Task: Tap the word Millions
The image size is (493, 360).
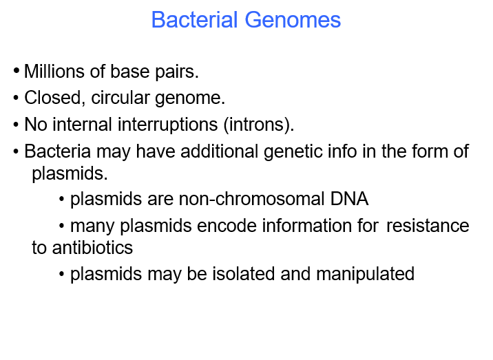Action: pyautogui.click(x=53, y=72)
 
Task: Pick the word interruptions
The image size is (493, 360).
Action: pyautogui.click(x=172, y=125)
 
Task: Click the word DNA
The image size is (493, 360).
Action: pyautogui.click(x=349, y=200)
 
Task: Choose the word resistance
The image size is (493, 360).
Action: pyautogui.click(x=428, y=226)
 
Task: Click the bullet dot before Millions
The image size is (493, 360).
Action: pyautogui.click(x=17, y=72)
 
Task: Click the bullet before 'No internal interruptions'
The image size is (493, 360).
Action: pyautogui.click(x=17, y=126)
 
